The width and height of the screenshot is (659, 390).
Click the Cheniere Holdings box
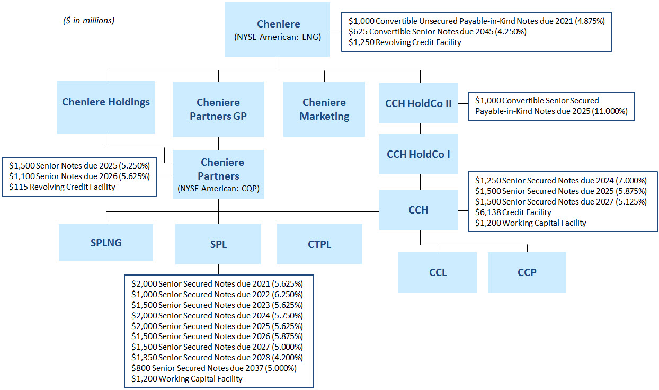pyautogui.click(x=106, y=107)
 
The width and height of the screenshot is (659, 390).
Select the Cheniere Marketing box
pyautogui.click(x=324, y=109)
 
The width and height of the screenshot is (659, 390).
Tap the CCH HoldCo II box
pyautogui.click(x=418, y=103)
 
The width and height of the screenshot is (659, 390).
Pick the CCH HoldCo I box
pyautogui.click(x=418, y=155)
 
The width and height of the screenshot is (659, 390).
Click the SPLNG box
pyautogui.click(x=106, y=242)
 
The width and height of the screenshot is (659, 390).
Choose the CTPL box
pyautogui.click(x=319, y=244)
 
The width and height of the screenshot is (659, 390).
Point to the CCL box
pyautogui.click(x=438, y=272)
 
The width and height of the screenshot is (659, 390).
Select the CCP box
pyautogui.click(x=527, y=272)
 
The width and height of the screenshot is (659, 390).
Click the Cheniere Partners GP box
pyautogui.click(x=218, y=109)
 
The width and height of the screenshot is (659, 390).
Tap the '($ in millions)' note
pyautogui.click(x=89, y=21)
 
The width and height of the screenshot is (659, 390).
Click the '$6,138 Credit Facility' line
pyautogui.click(x=513, y=212)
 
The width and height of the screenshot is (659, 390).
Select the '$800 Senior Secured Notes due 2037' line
pyautogui.click(x=214, y=368)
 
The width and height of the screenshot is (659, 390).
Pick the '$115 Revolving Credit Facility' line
pyautogui.click(x=62, y=187)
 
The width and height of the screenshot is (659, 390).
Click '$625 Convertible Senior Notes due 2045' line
pyautogui.click(x=437, y=31)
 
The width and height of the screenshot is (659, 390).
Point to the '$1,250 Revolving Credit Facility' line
pyautogui.click(x=405, y=42)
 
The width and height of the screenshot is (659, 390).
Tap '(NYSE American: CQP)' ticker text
pyautogui.click(x=218, y=188)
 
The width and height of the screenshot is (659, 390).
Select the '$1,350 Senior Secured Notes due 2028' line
pyautogui.click(x=217, y=357)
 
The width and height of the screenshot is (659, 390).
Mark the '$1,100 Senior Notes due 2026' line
pyautogui.click(x=79, y=176)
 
